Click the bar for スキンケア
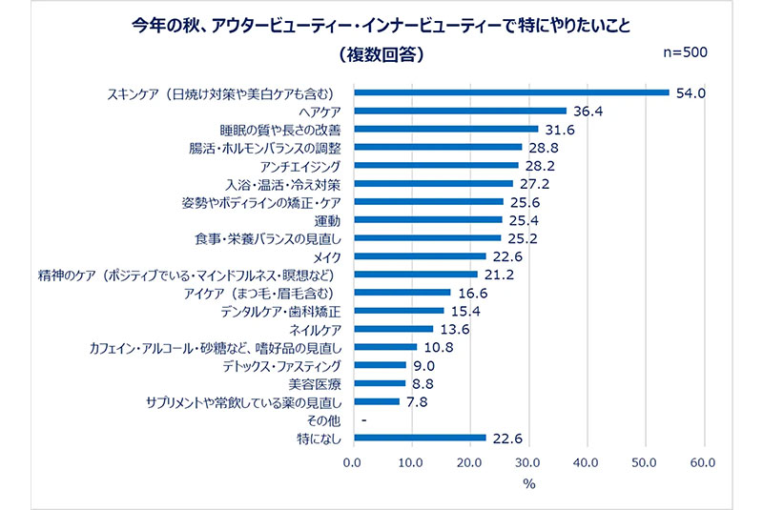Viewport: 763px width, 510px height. pos(511,92)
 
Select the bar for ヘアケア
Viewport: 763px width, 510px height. pos(460,111)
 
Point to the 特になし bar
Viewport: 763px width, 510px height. pos(420,438)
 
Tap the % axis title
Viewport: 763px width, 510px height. pos(528,483)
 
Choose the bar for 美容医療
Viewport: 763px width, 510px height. pos(379,383)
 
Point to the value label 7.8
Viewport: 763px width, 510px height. pos(419,401)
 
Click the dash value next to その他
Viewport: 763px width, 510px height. pos(364,420)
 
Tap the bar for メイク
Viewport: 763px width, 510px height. pos(420,255)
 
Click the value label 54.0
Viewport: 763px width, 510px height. pos(690,92)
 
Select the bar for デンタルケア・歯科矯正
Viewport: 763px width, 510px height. pos(398,311)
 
